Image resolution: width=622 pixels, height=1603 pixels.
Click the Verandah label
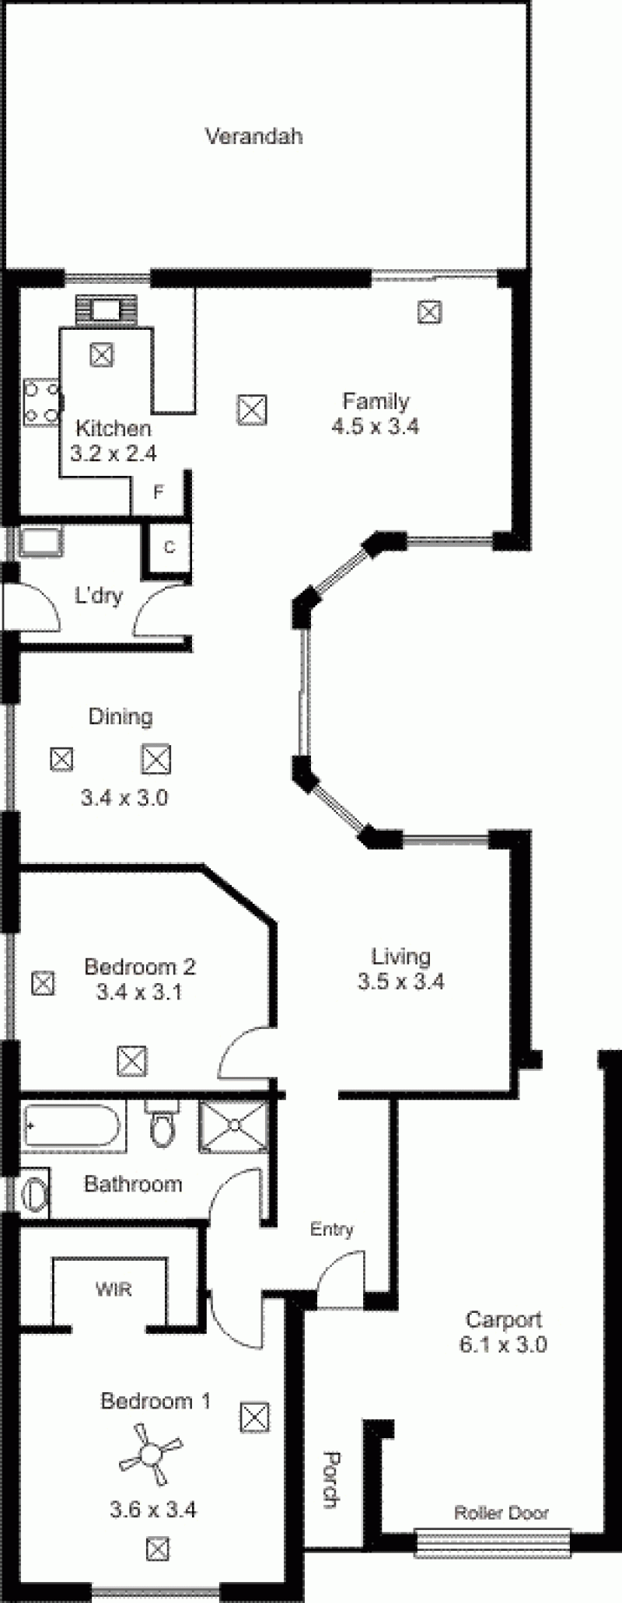(253, 137)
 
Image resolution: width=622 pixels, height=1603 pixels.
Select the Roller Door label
(501, 1513)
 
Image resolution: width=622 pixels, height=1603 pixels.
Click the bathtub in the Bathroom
(72, 1126)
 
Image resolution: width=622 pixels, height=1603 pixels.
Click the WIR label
(114, 1290)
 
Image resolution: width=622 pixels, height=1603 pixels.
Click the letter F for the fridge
(159, 492)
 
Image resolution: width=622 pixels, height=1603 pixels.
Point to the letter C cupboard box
(169, 547)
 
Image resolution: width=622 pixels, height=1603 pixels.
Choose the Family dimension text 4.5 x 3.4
(376, 426)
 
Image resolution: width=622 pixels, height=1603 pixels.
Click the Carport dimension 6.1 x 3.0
(503, 1344)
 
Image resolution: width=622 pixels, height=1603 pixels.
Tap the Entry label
(332, 1230)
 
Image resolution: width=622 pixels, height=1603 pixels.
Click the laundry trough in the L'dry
(41, 542)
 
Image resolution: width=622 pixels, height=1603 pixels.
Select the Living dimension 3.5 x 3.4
(401, 982)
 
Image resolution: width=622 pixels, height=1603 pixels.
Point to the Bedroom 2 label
(140, 967)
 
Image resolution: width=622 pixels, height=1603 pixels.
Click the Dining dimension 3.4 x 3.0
(124, 797)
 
